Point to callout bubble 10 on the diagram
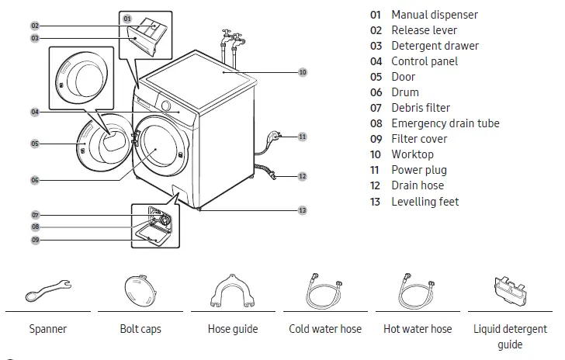[302, 71]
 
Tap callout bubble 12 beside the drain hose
[302, 177]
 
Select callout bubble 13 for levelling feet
[302, 210]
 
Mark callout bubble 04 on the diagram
[35, 112]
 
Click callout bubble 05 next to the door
[35, 144]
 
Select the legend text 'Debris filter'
[420, 108]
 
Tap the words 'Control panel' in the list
[424, 61]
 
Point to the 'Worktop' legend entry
[412, 154]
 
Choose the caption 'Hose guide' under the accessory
[233, 329]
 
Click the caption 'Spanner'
[48, 329]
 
